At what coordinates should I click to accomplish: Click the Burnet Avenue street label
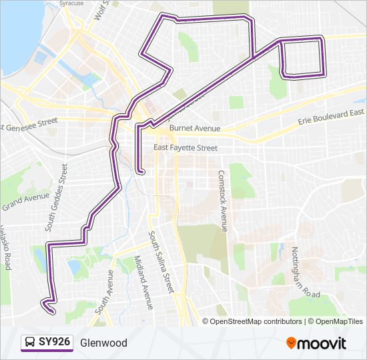[194, 128]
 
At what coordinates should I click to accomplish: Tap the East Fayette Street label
[186, 148]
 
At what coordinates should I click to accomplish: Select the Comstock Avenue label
[222, 200]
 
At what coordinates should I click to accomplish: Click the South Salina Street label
[161, 262]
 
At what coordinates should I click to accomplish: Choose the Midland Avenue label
[143, 283]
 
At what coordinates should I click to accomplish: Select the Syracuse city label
[73, 3]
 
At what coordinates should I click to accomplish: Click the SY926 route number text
[54, 343]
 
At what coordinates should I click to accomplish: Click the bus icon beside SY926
[29, 343]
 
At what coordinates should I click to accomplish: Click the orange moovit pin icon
[292, 343]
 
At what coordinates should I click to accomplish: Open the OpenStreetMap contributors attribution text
[256, 321]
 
